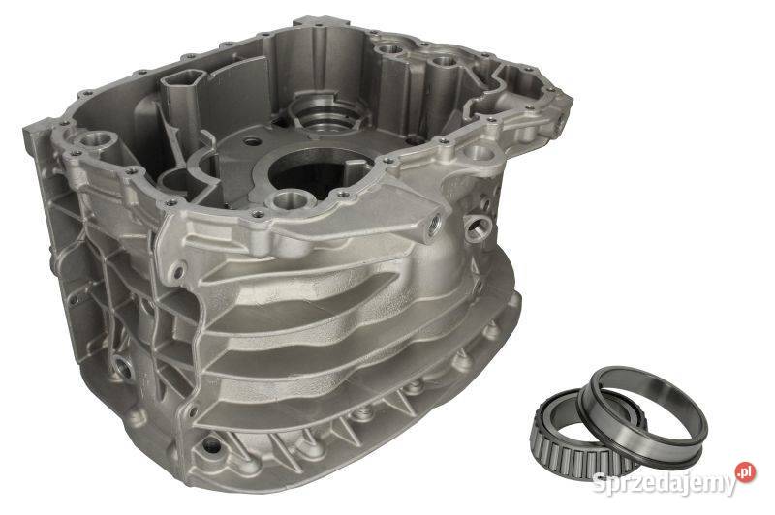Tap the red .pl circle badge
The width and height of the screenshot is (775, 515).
click(745, 472)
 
